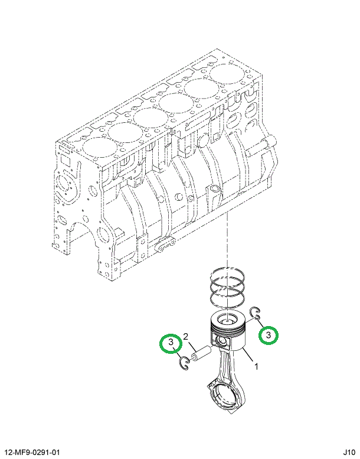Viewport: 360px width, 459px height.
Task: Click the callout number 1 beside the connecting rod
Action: coord(256,367)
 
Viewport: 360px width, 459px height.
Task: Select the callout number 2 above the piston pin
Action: coord(185,337)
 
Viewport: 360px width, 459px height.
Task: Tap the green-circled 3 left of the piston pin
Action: coord(170,343)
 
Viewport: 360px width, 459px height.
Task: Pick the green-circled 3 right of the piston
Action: coord(269,335)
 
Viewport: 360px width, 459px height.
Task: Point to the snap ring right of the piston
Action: coord(255,314)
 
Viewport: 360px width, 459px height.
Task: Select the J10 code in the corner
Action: coord(348,452)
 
